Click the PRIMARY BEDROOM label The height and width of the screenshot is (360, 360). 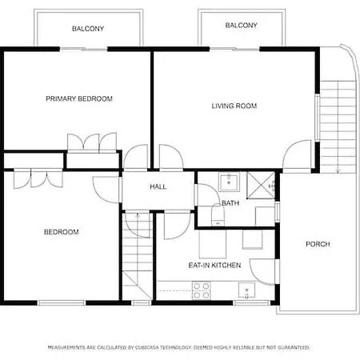79,98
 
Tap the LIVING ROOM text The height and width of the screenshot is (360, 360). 234,106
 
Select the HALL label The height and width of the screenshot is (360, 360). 158,186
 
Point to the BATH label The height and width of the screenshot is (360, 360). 230,203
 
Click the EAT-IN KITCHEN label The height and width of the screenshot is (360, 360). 214,265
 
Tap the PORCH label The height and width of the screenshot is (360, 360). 318,244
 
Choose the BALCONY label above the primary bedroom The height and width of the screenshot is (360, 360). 88,29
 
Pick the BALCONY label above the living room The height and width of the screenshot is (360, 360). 242,26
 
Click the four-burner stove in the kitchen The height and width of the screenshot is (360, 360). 202,290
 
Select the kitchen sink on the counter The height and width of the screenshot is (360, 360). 246,290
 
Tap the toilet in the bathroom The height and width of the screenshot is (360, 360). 218,214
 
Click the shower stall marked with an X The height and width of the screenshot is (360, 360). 261,186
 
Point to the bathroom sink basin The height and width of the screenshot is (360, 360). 229,182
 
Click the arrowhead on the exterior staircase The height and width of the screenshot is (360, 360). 338,170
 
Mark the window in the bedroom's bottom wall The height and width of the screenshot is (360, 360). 61,302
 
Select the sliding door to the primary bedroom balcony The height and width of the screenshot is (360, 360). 83,49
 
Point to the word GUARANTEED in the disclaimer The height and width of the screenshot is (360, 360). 294,347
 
